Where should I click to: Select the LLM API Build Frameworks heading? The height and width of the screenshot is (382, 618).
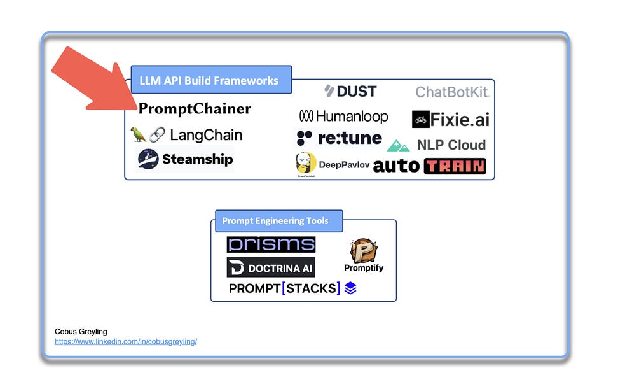pos(210,80)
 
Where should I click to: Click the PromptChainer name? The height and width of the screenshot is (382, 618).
pos(195,109)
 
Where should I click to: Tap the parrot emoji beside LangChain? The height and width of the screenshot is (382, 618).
pos(138,135)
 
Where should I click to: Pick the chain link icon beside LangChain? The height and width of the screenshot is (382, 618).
pos(156,135)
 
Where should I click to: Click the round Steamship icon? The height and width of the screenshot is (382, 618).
pos(148,159)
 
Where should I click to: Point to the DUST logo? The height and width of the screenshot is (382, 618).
pos(350,91)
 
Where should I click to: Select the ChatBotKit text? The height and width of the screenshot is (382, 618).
pos(451,92)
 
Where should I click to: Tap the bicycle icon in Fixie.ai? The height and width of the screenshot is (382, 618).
pos(420,119)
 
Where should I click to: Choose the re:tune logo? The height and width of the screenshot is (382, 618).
pos(339,138)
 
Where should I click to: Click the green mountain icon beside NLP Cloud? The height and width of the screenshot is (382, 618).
pos(398,146)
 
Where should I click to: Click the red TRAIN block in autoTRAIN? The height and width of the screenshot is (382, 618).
pos(455,166)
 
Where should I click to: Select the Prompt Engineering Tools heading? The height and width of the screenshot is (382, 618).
pos(275,221)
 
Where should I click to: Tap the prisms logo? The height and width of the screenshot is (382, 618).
pos(271,244)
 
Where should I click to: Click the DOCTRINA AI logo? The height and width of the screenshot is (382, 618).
pos(271,267)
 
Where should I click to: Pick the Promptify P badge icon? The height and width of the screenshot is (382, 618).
pos(364,250)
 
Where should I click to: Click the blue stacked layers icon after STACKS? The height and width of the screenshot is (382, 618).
pos(350,288)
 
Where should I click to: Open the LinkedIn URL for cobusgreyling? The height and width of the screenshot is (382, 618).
pos(126,341)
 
